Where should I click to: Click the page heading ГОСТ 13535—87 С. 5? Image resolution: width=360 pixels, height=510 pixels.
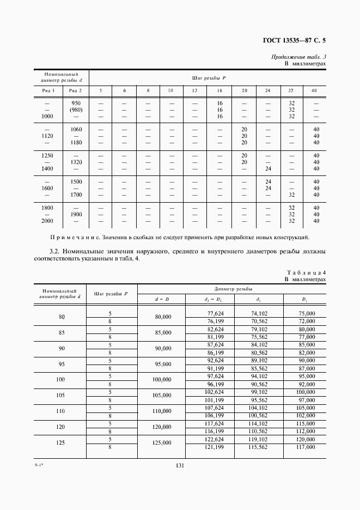pos(294,40)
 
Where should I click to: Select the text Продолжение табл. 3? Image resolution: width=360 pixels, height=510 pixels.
pos(298,57)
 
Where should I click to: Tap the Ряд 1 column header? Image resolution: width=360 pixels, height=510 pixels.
pos(47,90)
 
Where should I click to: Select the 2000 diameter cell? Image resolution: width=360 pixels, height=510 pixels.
pos(47,221)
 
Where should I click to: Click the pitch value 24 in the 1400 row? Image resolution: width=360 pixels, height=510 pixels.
pos(267,168)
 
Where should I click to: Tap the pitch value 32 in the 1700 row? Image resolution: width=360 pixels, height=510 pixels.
pos(291,194)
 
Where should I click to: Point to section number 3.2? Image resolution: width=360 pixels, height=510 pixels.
pos(55,251)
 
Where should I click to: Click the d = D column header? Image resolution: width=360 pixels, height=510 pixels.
pos(162,299)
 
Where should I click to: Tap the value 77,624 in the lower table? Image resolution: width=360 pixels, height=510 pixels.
pos(215,313)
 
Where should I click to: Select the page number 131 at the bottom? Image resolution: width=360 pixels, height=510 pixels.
pos(180,466)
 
